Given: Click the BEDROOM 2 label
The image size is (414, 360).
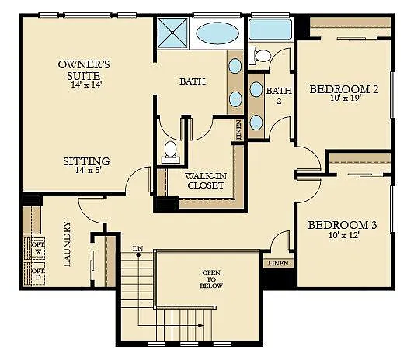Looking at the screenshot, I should [x=344, y=89].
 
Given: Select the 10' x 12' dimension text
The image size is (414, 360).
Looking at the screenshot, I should [x=343, y=237].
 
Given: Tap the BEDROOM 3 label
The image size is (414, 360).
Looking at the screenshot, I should [x=343, y=225].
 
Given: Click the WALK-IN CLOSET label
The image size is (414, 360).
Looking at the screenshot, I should [x=204, y=180].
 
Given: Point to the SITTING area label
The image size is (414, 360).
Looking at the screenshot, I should [x=87, y=161].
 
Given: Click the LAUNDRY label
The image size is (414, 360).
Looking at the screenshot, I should [x=68, y=244].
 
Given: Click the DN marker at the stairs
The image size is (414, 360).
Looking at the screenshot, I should [x=137, y=248].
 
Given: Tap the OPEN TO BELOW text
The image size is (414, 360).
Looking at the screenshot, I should [x=212, y=279].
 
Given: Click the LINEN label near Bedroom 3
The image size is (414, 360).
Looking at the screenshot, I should [x=279, y=264].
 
